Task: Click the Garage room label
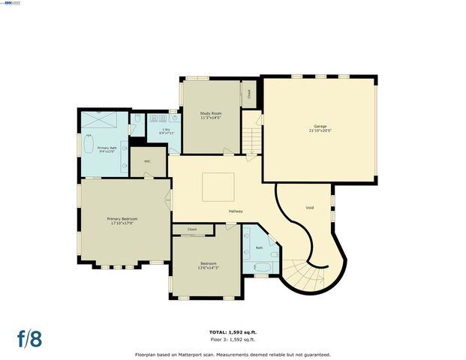click(319, 127)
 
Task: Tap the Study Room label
click(211, 115)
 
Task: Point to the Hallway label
click(236, 211)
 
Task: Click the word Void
click(309, 207)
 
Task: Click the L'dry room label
click(166, 132)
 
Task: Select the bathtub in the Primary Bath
click(86, 144)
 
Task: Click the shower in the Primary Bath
click(99, 119)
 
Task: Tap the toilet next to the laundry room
click(139, 119)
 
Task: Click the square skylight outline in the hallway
click(218, 185)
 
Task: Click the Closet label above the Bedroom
click(192, 229)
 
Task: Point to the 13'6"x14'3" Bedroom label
click(208, 265)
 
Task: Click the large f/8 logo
click(31, 337)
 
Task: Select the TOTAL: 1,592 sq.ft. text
click(233, 331)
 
